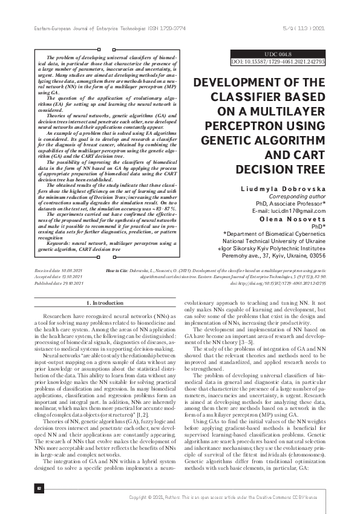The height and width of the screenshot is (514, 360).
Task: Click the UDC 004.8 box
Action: tap(278, 54)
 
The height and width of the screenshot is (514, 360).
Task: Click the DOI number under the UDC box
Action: tap(278, 62)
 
